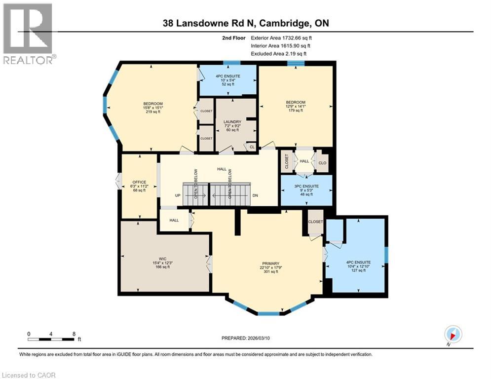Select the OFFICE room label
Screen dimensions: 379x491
pos(139,182)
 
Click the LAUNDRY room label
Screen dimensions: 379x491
pos(232,121)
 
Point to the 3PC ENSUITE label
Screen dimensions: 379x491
pos(306,186)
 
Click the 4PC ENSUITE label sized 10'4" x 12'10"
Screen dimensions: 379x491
pos(358,263)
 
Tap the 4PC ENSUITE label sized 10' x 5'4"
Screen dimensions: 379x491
pos(227,76)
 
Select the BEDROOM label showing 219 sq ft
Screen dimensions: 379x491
pos(152,104)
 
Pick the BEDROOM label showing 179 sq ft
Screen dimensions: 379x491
pos(295,102)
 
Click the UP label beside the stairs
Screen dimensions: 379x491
pos(177,195)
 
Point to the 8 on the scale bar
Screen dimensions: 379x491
pos(74,334)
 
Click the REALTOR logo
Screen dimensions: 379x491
pos(29,34)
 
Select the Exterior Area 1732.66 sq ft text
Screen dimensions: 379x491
pos(281,38)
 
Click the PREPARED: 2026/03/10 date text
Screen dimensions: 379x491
pos(247,338)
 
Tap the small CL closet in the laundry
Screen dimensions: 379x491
pos(251,147)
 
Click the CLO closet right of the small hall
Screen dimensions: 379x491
pos(322,162)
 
